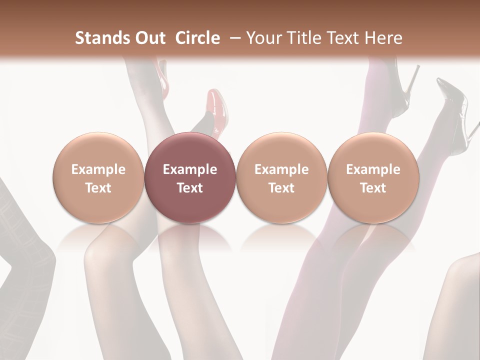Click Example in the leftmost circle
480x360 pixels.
click(x=98, y=169)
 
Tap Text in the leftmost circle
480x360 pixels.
click(x=98, y=188)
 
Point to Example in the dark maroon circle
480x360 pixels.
click(x=190, y=169)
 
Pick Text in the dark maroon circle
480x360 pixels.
click(x=190, y=188)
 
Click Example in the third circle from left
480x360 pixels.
click(x=281, y=169)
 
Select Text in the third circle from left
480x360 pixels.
click(x=281, y=188)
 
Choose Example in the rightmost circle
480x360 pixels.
click(x=373, y=169)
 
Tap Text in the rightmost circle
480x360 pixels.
click(x=373, y=188)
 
